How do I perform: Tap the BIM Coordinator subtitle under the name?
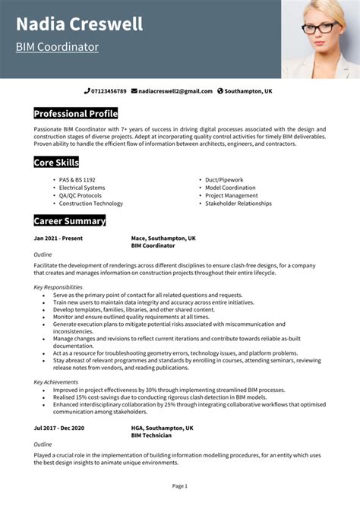(x=57, y=47)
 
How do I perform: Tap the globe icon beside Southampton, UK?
(x=220, y=91)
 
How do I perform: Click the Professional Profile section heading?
(x=75, y=114)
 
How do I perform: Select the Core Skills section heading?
(x=56, y=162)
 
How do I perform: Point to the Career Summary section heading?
(x=69, y=221)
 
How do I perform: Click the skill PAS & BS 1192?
(x=79, y=180)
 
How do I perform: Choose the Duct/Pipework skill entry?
(x=224, y=180)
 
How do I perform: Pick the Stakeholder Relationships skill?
(x=238, y=204)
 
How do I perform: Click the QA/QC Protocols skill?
(x=81, y=195)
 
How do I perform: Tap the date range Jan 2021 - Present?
(x=58, y=238)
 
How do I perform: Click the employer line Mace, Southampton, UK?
(x=163, y=238)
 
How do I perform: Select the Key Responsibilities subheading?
(x=58, y=287)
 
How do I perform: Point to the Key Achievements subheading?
(x=55, y=381)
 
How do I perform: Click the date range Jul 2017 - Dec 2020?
(x=60, y=428)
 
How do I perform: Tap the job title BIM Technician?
(x=151, y=435)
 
